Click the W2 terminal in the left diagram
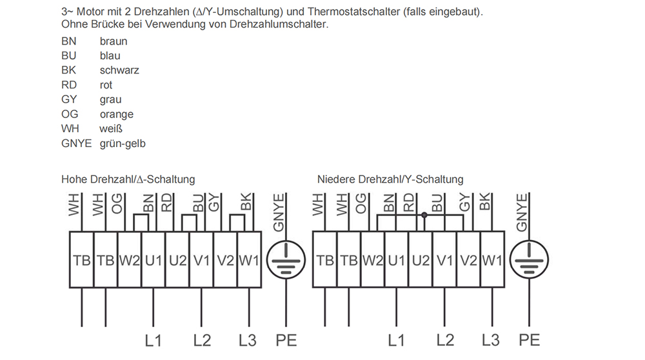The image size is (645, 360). click(130, 260)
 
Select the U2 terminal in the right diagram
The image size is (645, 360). click(421, 260)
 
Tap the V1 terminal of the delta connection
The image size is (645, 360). click(201, 260)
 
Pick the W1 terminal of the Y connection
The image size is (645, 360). click(492, 260)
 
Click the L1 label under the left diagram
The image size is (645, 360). click(153, 341)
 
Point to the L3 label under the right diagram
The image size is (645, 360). click(491, 341)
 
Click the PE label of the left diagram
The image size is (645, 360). click(286, 341)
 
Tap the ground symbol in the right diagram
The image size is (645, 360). click(529, 259)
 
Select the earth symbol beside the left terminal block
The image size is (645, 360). click(286, 259)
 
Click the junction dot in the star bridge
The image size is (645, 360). click(424, 215)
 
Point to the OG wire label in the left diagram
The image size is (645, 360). click(117, 203)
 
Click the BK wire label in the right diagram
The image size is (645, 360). click(485, 201)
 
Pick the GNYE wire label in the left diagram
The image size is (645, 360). click(279, 213)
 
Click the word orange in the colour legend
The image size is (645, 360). click(116, 114)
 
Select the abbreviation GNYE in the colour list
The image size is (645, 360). click(77, 143)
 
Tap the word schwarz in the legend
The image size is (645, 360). click(119, 70)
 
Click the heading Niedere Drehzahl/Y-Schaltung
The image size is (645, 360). click(390, 179)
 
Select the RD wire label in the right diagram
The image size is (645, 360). click(408, 203)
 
